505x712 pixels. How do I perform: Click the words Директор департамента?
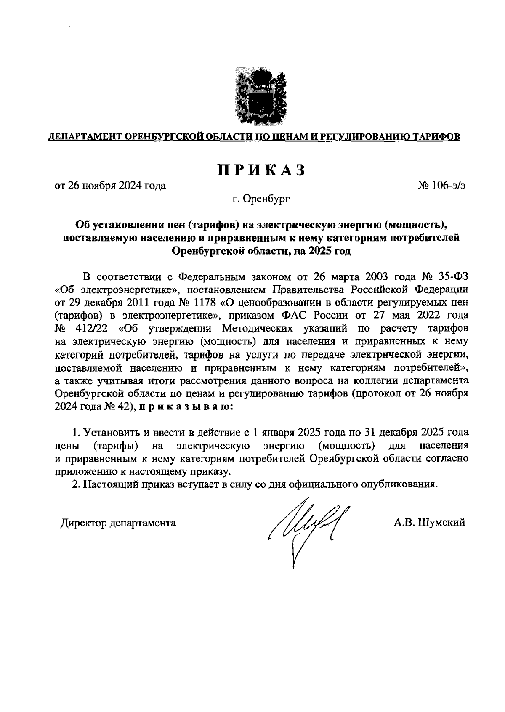click(118, 523)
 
